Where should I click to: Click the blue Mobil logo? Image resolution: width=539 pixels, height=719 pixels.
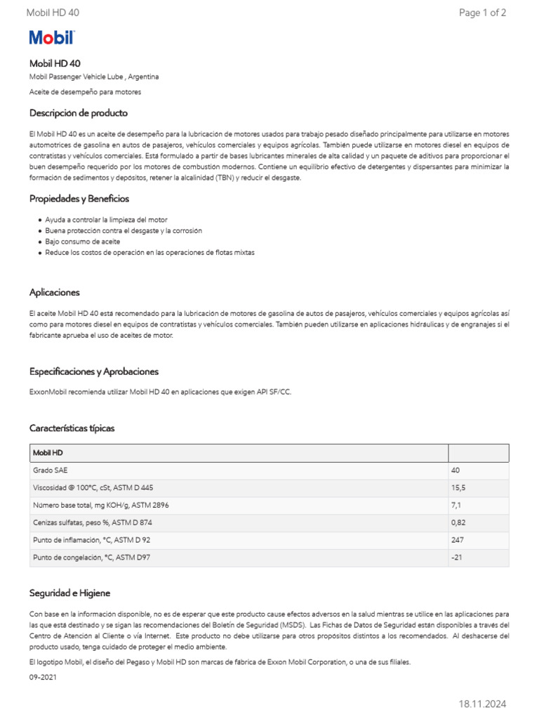[x=51, y=38]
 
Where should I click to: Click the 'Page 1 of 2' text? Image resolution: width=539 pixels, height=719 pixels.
[x=482, y=13]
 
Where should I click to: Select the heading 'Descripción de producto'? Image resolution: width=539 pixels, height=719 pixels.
[x=79, y=113]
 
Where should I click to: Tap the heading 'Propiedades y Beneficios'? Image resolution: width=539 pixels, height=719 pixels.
[x=79, y=199]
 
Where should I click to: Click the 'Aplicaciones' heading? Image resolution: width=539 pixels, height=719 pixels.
[x=55, y=292]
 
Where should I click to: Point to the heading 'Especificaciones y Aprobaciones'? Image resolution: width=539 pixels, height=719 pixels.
[x=94, y=371]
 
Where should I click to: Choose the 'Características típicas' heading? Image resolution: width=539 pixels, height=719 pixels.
[x=72, y=428]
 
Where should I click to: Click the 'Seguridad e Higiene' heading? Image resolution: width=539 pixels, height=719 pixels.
[x=69, y=593]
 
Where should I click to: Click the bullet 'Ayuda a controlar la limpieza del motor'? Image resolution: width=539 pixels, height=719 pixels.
[x=106, y=220]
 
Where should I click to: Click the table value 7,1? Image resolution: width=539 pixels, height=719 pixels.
[x=457, y=505]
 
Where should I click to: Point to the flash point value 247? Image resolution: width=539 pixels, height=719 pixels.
[x=458, y=540]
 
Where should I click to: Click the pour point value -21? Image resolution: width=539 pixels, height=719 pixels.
[x=457, y=558]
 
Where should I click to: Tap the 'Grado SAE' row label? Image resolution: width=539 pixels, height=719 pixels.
[x=51, y=470]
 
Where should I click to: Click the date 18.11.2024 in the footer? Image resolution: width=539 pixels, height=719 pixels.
[x=482, y=704]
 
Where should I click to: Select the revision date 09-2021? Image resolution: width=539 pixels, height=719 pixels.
[x=43, y=678]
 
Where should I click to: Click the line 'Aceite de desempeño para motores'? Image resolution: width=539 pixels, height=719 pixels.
[x=85, y=92]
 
